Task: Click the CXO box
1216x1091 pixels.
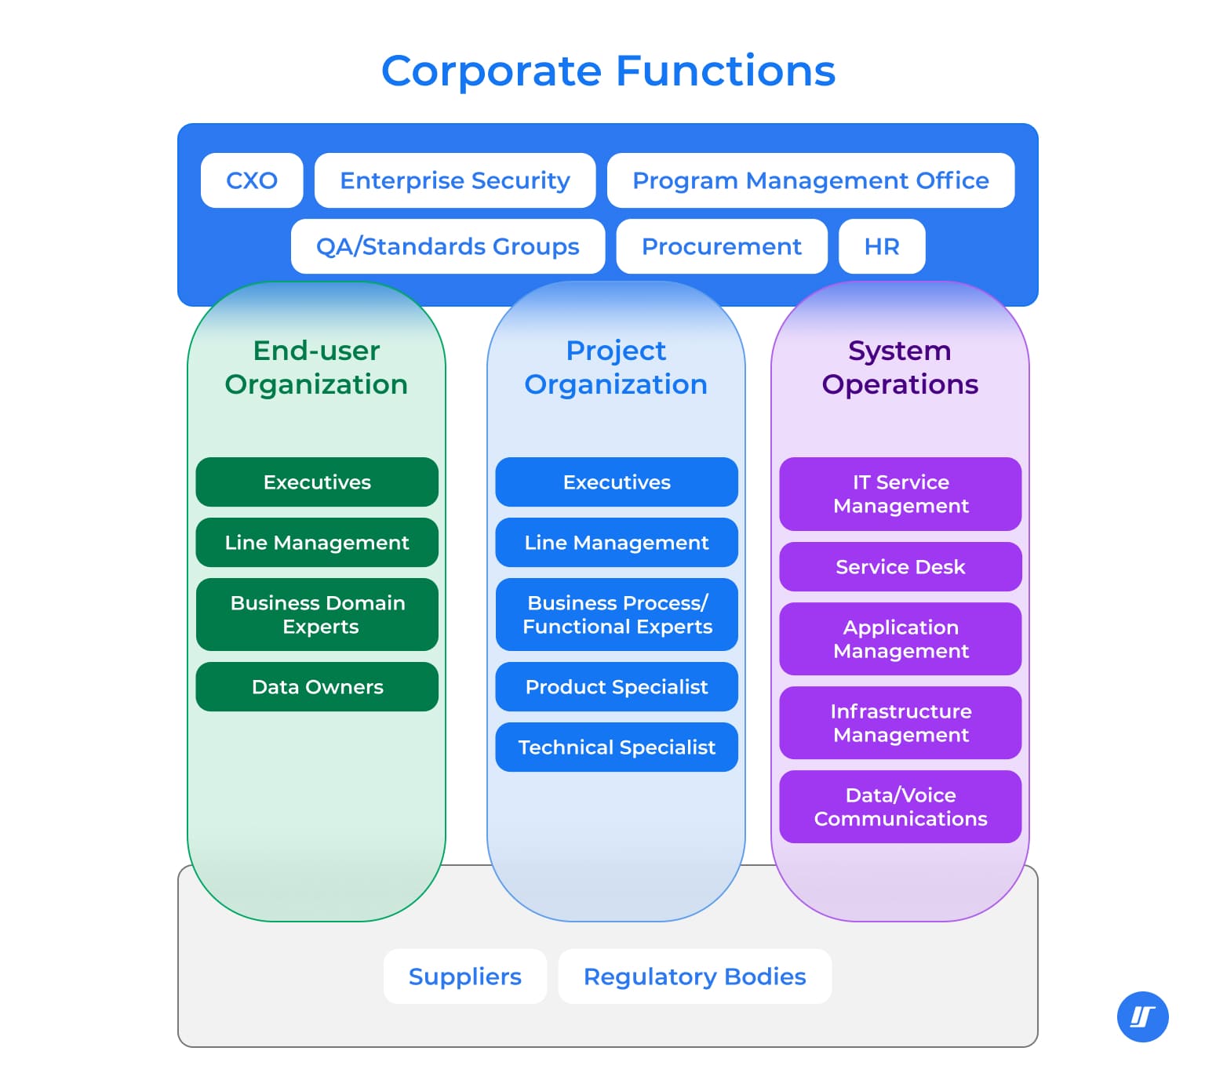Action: (252, 180)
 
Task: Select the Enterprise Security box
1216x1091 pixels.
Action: (455, 180)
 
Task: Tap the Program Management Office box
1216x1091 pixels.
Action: (810, 180)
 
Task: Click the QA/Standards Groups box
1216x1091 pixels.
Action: (447, 246)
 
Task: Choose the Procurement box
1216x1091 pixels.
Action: (722, 246)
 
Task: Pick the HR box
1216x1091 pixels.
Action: (882, 246)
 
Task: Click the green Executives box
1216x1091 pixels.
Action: (317, 482)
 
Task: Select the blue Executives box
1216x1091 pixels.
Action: (617, 482)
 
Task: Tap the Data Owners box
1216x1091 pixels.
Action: (317, 687)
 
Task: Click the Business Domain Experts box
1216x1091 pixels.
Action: (317, 615)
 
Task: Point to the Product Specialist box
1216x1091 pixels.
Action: (617, 687)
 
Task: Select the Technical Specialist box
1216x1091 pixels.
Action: (617, 747)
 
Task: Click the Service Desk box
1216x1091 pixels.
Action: (901, 567)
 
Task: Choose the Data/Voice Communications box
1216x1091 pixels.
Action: (901, 807)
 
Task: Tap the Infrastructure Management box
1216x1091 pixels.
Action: (901, 723)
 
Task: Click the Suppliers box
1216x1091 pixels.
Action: (465, 976)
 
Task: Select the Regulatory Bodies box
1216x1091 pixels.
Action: (695, 976)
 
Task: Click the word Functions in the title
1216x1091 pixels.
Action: (726, 71)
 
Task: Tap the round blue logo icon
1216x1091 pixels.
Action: (1142, 1017)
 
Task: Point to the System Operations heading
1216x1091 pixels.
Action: (900, 367)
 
